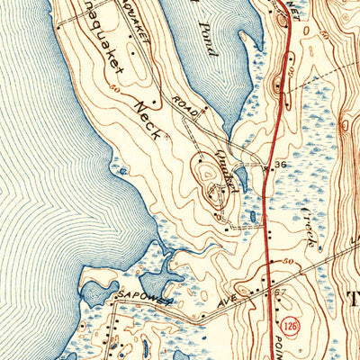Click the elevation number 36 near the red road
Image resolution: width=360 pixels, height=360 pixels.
pos(280,166)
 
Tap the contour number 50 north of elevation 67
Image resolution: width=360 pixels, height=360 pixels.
pos(287,261)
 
